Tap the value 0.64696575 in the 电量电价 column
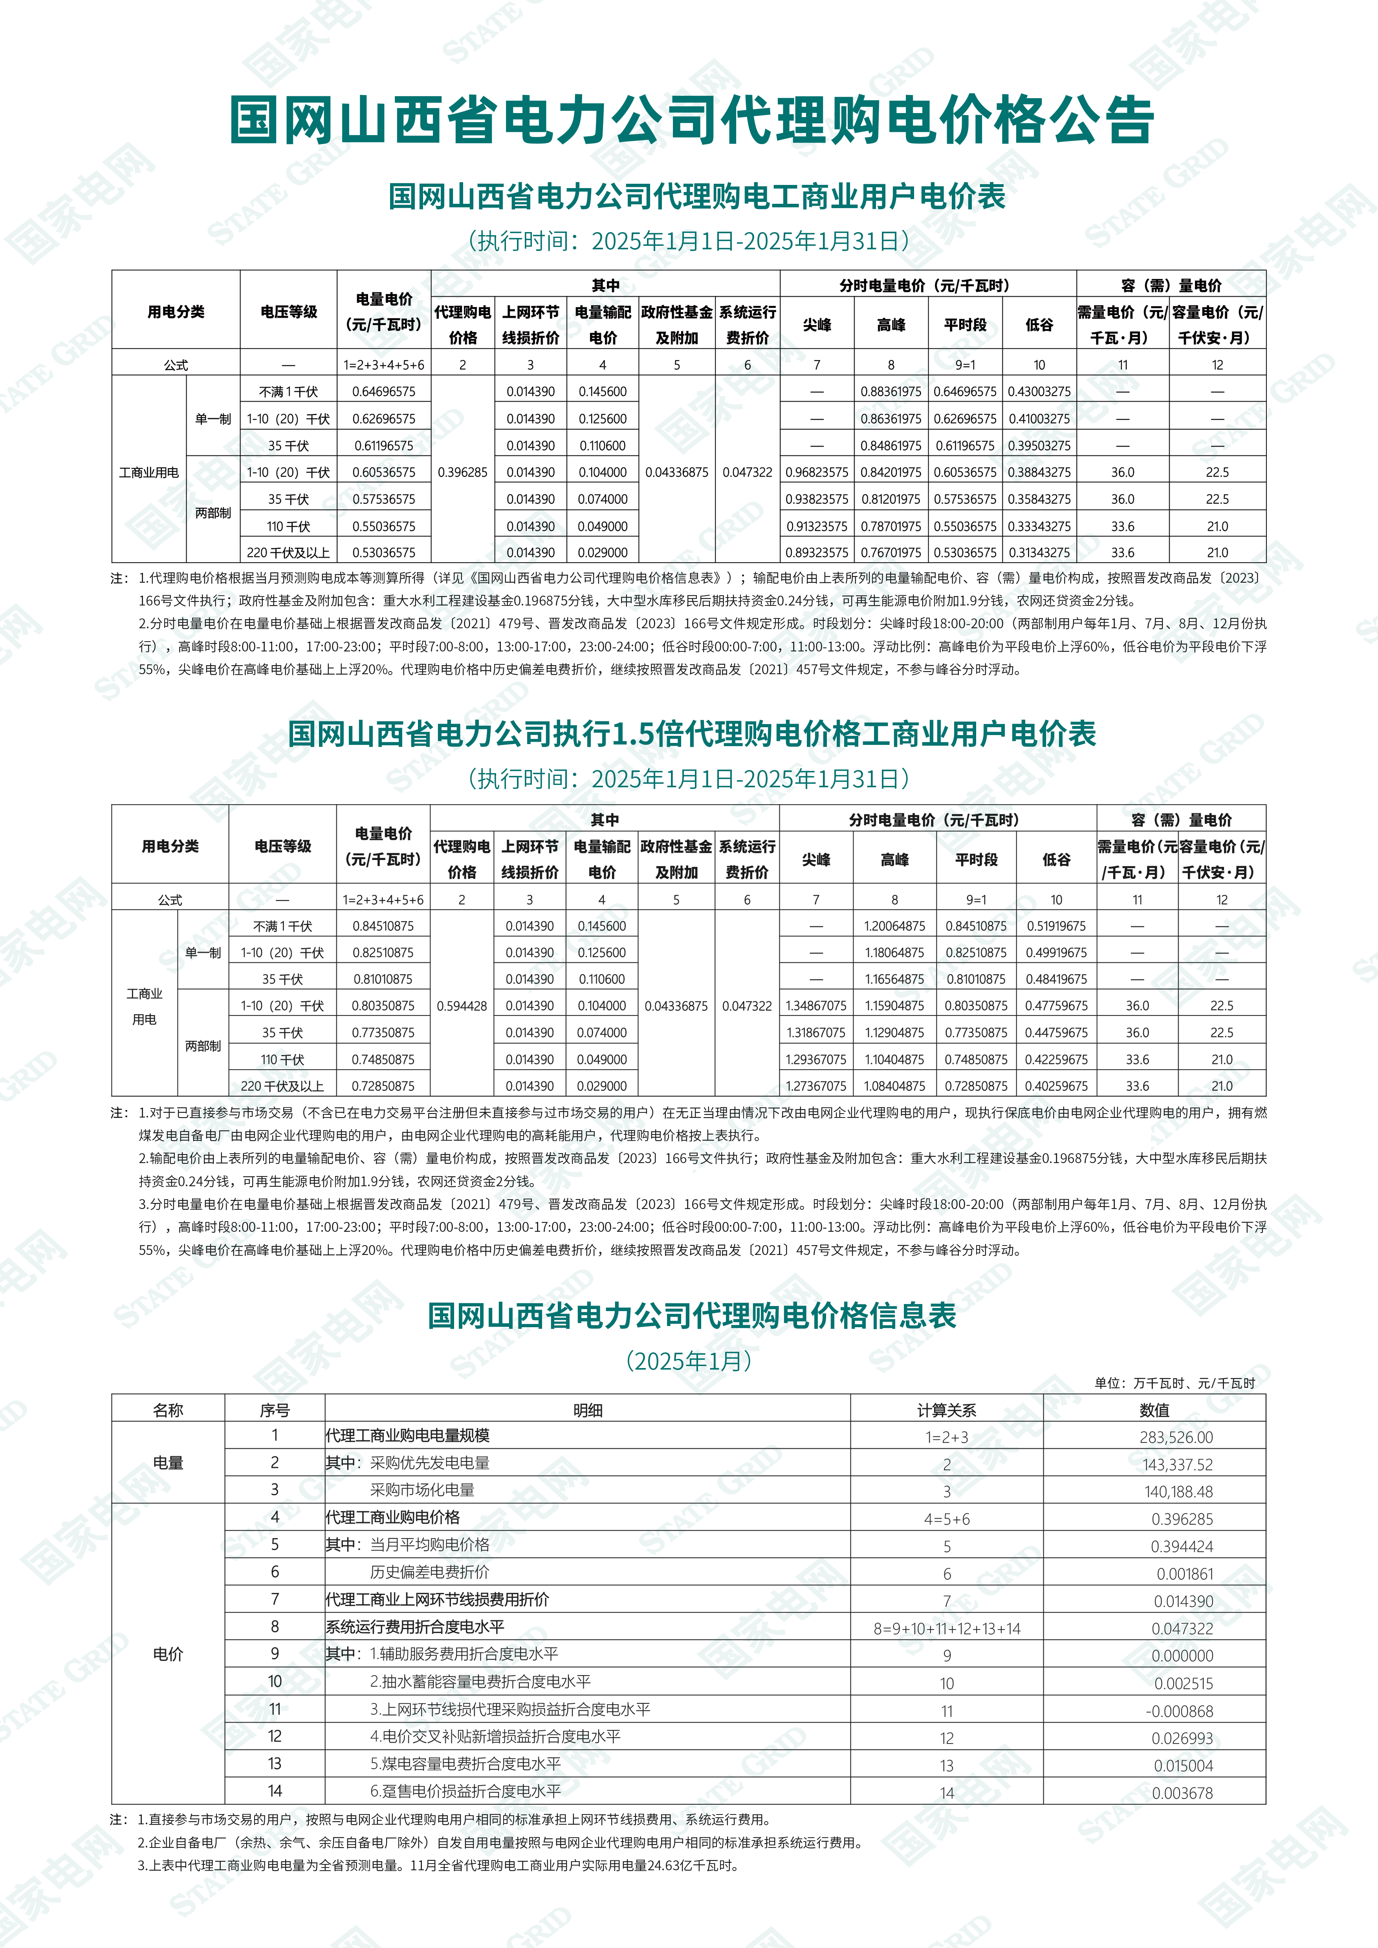click(383, 392)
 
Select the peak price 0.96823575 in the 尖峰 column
click(816, 473)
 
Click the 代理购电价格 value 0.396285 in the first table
click(462, 473)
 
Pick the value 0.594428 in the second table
click(462, 1006)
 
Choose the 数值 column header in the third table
click(1154, 1410)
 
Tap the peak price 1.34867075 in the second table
click(815, 1006)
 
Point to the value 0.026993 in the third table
click(1182, 1738)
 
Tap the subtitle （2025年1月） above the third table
click(689, 1361)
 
